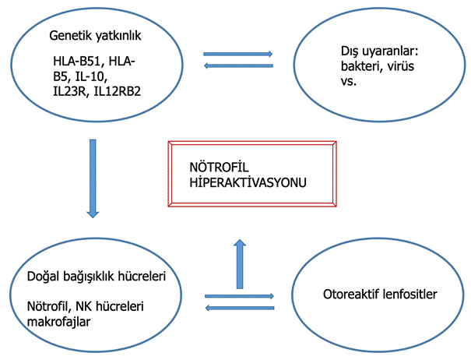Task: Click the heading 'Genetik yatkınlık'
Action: click(x=95, y=36)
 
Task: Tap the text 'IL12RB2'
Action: click(x=118, y=91)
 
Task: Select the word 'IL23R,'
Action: click(x=72, y=91)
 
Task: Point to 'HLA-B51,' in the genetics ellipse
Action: click(x=79, y=62)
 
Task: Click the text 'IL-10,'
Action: click(x=91, y=76)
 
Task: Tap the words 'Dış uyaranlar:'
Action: click(x=379, y=51)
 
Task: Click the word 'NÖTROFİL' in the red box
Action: click(x=219, y=167)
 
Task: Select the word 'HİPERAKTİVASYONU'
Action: click(x=248, y=182)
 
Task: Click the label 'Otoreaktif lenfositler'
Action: click(x=380, y=294)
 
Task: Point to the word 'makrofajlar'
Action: click(x=58, y=322)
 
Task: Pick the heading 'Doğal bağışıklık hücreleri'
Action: click(x=97, y=277)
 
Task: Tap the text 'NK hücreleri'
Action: click(x=110, y=306)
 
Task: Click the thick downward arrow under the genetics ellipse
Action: click(x=93, y=178)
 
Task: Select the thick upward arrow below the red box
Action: click(x=240, y=263)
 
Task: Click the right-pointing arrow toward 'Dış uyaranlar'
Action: click(x=238, y=54)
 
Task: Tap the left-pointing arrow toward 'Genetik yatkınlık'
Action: click(x=238, y=65)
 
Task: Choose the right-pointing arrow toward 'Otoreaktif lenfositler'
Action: click(x=239, y=296)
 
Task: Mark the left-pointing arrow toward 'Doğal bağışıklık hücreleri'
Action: click(x=240, y=308)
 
